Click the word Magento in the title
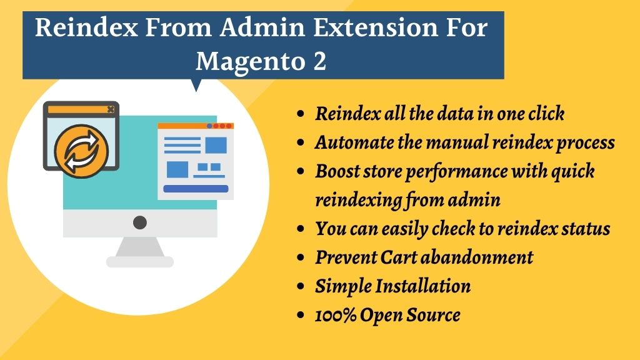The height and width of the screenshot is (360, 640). pos(250,62)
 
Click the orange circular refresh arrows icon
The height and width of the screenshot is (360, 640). pos(81,151)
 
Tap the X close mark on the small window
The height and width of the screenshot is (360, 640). pos(111,109)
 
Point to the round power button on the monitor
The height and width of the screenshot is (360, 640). pos(140,222)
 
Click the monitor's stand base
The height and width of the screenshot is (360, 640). pos(140,261)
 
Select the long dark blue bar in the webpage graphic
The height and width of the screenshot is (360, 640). pos(196,189)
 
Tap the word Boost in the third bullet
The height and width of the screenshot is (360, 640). pos(337,171)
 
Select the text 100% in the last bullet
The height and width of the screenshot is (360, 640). pos(335,315)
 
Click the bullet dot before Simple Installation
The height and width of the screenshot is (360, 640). pos(301,286)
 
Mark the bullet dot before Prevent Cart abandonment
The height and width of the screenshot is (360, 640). pos(301,257)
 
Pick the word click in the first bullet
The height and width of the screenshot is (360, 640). pos(546,114)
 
